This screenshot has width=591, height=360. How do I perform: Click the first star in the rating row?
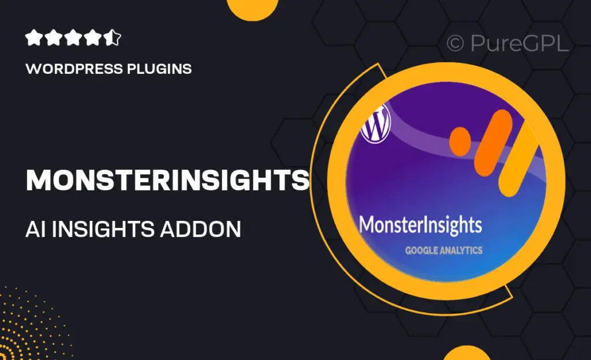pos(34,38)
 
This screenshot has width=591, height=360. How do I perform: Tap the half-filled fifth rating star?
pos(113,38)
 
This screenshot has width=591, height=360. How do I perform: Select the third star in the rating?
pos(74,38)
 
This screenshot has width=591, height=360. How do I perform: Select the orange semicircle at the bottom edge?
pos(466,353)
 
